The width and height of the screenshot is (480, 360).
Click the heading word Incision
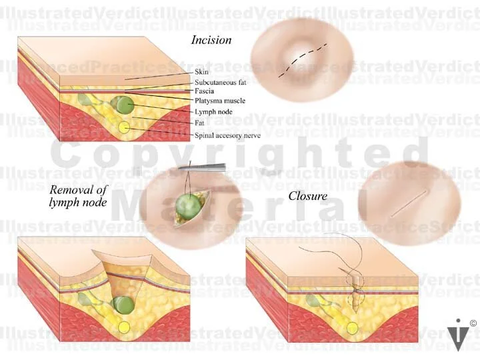pos(211,40)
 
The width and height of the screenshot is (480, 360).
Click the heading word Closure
pos(307,196)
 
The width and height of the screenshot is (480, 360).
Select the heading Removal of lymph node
pos(78,195)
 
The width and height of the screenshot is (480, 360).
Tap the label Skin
pos(201,71)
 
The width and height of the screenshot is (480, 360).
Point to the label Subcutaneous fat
pos(219,81)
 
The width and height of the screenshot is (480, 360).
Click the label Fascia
pos(204,91)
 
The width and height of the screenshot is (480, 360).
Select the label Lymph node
pos(213,112)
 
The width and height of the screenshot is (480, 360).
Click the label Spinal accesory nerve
pos(227,135)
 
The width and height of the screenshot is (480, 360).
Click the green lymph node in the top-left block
pos(121,104)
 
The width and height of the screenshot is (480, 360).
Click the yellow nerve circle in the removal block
pos(124,327)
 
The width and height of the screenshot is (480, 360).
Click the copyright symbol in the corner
pos(473,323)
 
